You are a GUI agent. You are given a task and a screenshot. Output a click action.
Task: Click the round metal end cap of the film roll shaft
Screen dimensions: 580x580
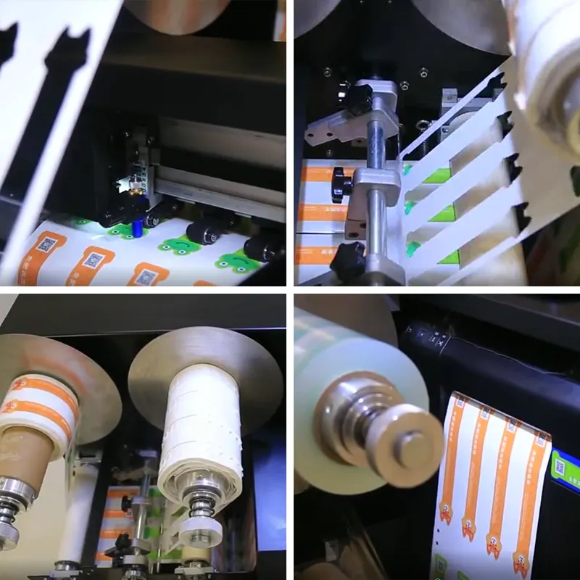coord(410,443)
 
